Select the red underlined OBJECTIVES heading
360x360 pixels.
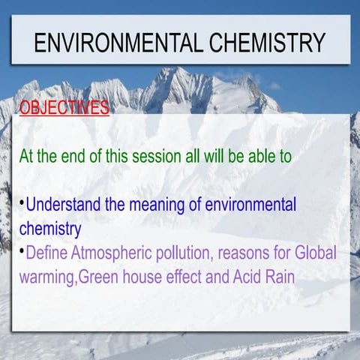click(64, 108)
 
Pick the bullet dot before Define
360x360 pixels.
click(22, 250)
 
